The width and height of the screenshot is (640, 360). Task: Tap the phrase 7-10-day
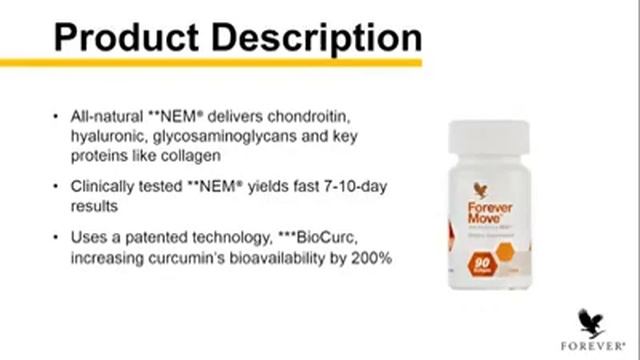[x=351, y=186]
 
